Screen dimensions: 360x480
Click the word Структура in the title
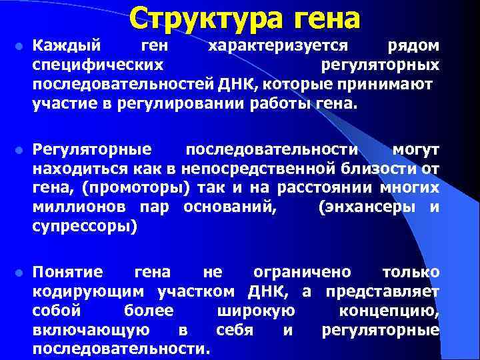click(204, 17)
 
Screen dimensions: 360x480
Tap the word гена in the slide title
click(323, 17)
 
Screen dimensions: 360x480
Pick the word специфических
click(99, 65)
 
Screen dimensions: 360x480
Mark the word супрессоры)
click(85, 227)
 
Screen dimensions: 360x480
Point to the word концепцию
click(389, 311)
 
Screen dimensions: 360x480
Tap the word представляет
click(382, 292)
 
